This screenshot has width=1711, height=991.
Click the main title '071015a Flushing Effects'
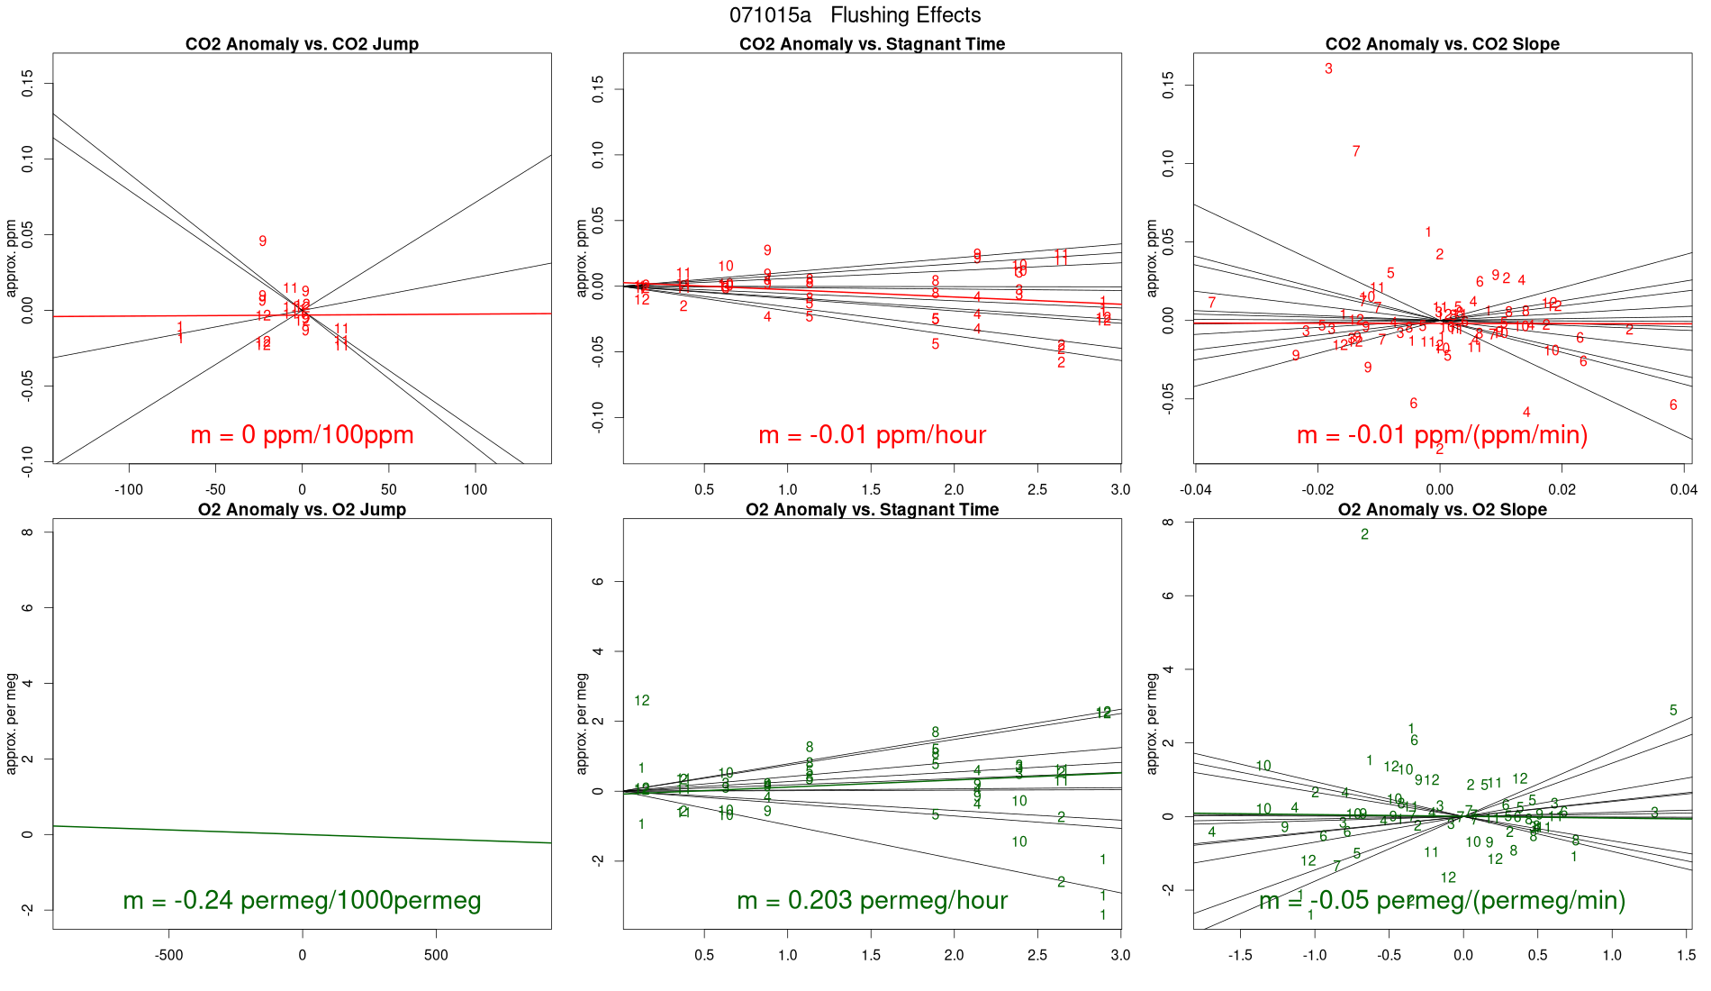coord(855,15)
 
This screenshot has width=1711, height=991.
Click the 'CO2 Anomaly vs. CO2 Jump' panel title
coord(302,44)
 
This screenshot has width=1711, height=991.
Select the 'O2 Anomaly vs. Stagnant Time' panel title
coord(872,510)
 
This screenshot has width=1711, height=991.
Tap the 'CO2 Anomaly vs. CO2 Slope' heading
coord(1442,44)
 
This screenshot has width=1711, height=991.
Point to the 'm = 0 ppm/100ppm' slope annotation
coord(302,435)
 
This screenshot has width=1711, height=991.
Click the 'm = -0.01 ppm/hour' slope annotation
coord(872,435)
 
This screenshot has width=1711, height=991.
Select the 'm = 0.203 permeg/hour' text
coord(872,900)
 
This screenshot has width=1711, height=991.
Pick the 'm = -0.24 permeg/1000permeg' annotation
coord(302,900)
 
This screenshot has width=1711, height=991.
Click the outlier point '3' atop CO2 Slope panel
coord(1328,68)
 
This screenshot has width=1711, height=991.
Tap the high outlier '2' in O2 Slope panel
coord(1364,534)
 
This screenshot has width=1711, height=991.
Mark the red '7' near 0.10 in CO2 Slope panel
coord(1356,151)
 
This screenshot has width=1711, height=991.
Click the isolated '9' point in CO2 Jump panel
coord(263,241)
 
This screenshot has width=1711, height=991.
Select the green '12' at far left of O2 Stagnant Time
coord(642,701)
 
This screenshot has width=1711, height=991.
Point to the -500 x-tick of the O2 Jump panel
coord(168,955)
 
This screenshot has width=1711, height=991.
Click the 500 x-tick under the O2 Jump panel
coord(436,955)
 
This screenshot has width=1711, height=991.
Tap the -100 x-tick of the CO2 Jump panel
coord(129,490)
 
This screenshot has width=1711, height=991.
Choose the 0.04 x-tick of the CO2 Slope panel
coord(1683,490)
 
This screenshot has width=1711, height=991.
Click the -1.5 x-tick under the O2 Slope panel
coord(1240,955)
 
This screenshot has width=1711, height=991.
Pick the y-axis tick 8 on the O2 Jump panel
coord(28,532)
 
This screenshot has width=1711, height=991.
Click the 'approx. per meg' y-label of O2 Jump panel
coord(12,723)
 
